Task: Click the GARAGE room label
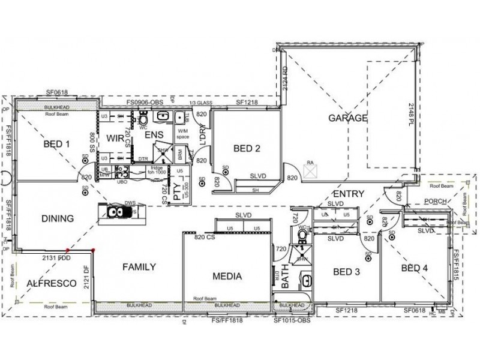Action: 347,118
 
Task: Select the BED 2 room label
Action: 247,148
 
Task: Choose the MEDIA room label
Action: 227,277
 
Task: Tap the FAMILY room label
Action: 139,267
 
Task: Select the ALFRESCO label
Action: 52,284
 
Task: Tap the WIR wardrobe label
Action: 115,139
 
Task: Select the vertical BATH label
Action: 277,277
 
